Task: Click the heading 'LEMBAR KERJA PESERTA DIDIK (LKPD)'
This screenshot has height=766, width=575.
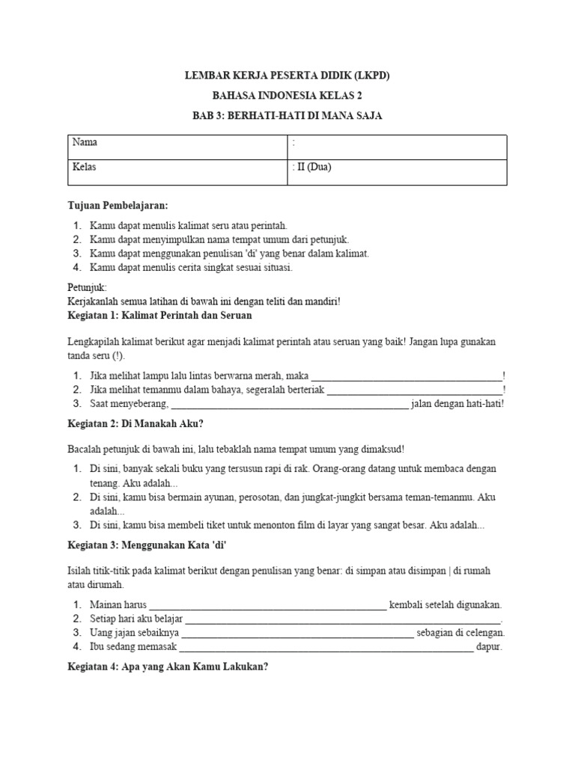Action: (287, 76)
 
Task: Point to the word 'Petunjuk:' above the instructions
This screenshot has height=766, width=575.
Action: (88, 287)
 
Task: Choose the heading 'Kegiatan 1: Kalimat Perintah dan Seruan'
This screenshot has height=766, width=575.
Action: (159, 316)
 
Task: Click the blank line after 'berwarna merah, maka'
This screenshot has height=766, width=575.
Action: (406, 376)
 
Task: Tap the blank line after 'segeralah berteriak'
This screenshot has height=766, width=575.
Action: (415, 390)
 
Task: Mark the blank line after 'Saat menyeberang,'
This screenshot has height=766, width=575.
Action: (290, 404)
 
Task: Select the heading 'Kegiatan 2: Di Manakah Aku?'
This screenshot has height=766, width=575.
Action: (136, 423)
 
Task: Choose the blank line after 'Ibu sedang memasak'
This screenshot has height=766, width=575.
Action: (326, 648)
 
